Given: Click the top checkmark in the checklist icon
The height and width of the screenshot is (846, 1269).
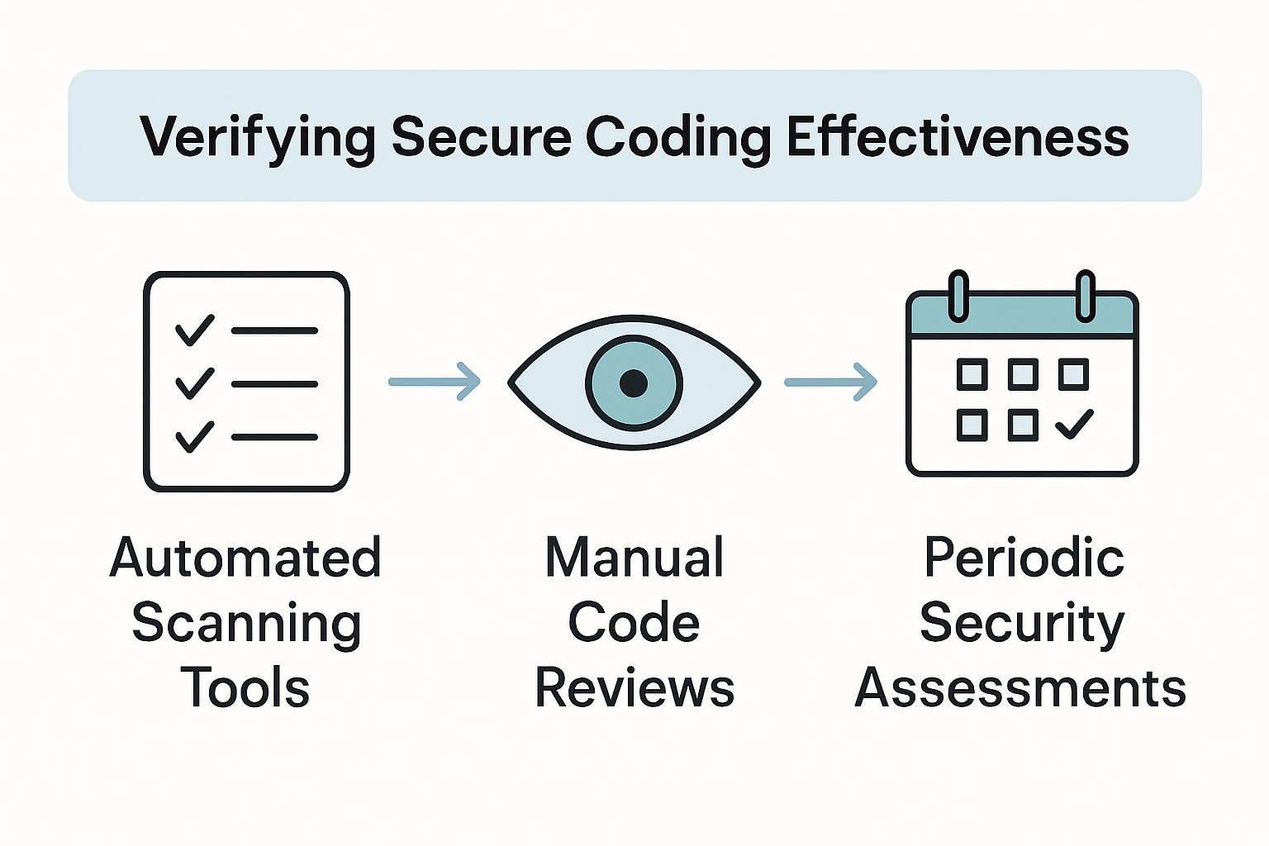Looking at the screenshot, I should (195, 330).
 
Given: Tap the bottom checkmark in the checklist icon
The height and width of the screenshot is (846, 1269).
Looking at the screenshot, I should (195, 436).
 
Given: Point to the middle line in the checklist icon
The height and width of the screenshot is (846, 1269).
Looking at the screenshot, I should (274, 383).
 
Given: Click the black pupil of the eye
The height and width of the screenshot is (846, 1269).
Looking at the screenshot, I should (634, 383).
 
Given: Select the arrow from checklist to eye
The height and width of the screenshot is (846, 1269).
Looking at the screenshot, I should (435, 382).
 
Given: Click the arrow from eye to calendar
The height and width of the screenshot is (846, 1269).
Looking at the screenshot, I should (830, 382).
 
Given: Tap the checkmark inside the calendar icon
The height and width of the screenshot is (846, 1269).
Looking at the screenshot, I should (1074, 425).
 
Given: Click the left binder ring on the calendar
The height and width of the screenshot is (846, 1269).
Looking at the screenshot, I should (958, 296).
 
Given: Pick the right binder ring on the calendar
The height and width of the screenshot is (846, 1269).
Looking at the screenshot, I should (1086, 296).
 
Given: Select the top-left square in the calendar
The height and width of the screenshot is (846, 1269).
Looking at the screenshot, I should (972, 374).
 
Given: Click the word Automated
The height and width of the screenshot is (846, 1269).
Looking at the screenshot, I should (245, 558).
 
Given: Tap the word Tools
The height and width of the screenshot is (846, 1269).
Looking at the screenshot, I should (245, 688).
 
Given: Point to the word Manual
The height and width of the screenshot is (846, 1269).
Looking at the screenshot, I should (634, 558).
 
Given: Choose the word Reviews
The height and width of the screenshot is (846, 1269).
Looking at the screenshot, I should (634, 688).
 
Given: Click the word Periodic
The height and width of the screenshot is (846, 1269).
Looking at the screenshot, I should (1023, 558).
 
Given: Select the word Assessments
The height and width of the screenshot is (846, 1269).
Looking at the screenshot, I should (1020, 688).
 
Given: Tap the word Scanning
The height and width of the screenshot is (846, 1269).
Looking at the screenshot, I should (246, 624).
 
